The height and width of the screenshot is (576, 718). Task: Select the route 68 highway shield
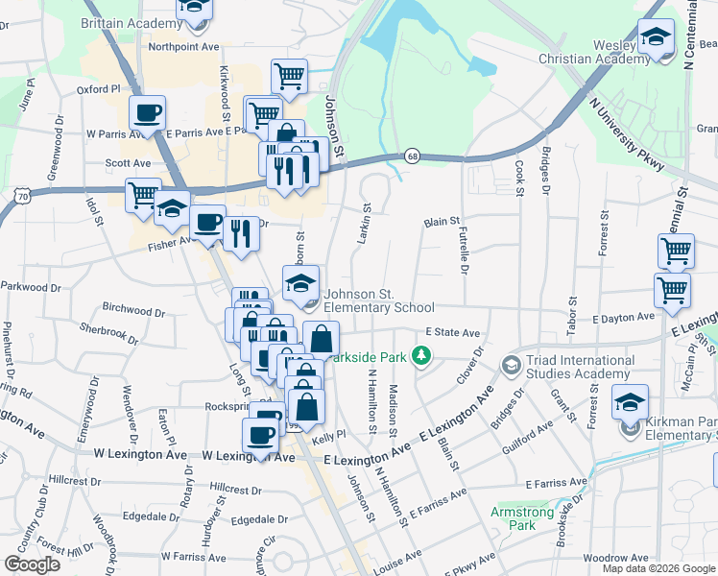411,156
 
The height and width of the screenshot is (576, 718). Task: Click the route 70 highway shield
21,196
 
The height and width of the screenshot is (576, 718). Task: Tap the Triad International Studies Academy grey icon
511,365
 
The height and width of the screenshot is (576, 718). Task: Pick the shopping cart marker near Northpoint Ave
289,76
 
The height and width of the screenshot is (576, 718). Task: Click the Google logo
32,564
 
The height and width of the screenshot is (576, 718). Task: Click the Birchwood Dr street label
127,310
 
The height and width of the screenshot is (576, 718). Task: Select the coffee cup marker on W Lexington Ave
259,436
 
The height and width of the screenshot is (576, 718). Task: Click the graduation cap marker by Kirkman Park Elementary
630,402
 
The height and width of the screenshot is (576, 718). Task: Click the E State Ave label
453,332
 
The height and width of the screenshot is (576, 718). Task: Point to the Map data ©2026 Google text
658,568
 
